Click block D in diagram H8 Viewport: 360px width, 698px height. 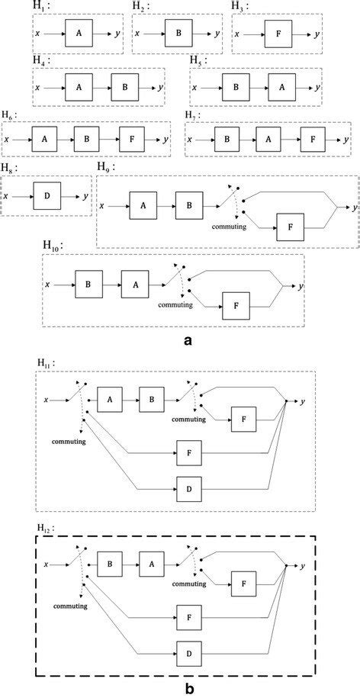pos(47,197)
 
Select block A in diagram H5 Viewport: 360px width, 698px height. pos(281,88)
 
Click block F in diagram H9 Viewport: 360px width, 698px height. pos(288,227)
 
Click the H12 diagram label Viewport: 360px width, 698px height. pos(46,527)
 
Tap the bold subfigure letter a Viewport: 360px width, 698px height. pos(187,342)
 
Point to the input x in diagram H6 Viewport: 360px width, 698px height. pos(7,140)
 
